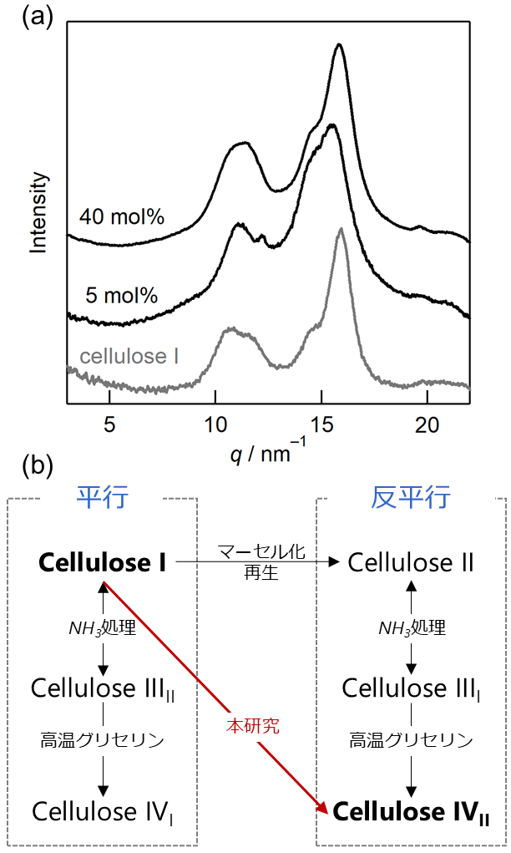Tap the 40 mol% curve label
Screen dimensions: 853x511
point(121,217)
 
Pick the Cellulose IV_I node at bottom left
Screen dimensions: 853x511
point(103,810)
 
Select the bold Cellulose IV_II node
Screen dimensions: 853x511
point(409,810)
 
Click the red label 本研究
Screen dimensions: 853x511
point(253,725)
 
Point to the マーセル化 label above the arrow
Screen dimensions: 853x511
point(261,552)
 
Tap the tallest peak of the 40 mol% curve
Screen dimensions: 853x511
point(339,46)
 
